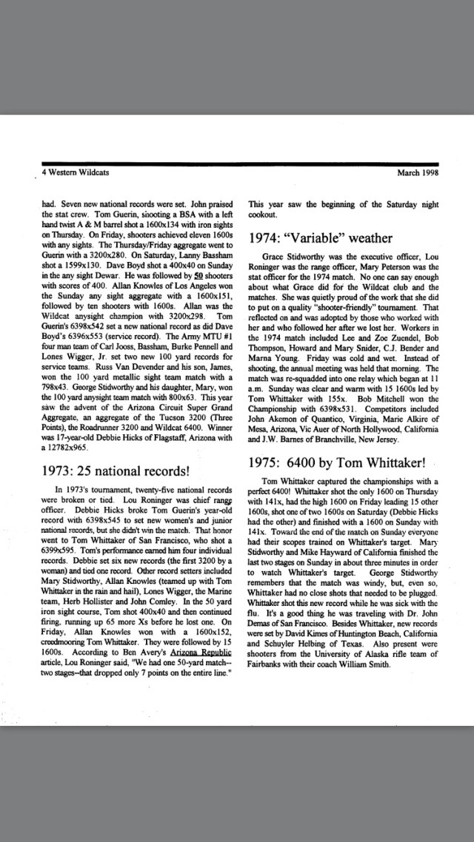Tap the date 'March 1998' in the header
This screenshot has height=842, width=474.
(x=418, y=172)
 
